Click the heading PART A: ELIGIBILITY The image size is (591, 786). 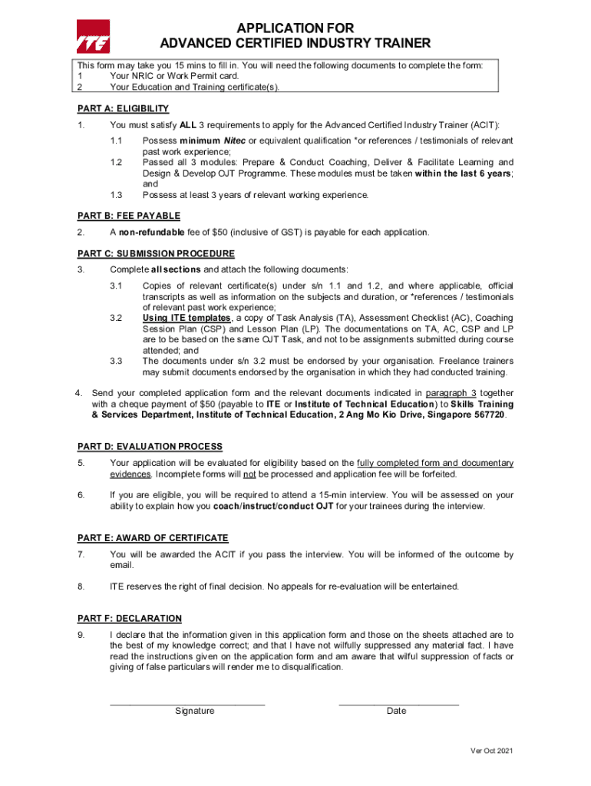point(124,109)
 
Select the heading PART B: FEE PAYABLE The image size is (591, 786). point(129,216)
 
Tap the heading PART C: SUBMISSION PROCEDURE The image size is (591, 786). point(157,253)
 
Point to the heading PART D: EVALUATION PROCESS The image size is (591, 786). point(150,447)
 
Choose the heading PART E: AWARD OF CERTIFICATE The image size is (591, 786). point(154,538)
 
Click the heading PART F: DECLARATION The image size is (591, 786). point(130,619)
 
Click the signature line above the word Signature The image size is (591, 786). point(187,703)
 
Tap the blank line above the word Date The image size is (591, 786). point(398,703)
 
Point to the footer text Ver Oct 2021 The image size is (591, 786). point(491,751)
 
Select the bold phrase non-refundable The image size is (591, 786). point(151,233)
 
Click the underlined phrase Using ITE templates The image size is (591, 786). point(187,318)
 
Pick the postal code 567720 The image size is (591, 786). point(490,414)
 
